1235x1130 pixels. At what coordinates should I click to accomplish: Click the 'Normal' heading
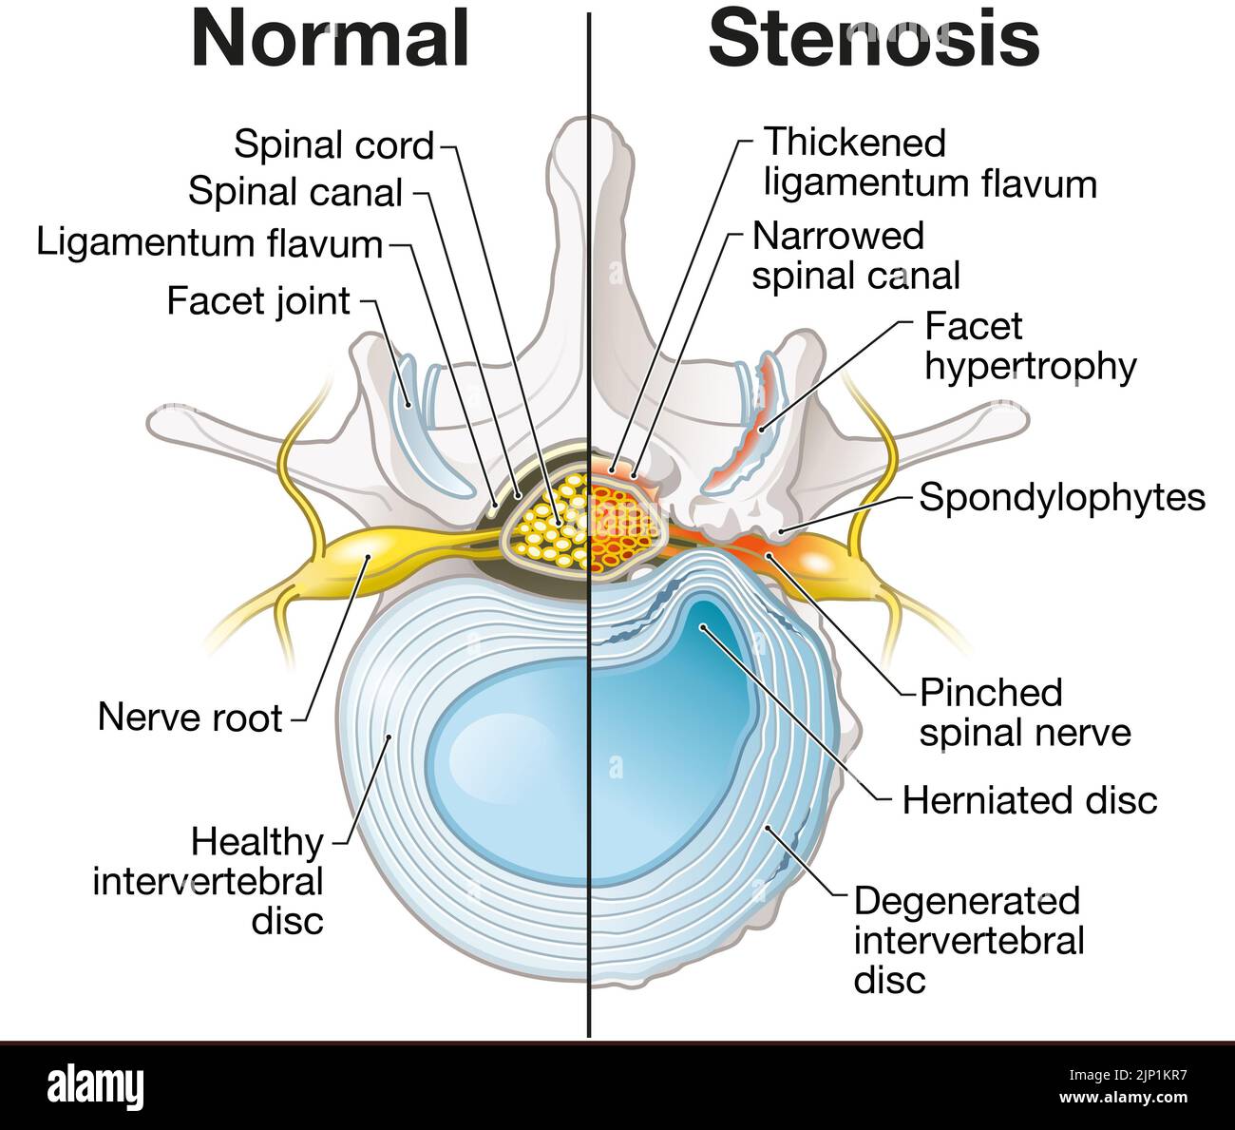tap(331, 40)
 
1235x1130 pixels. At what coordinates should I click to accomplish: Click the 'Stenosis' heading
tap(873, 40)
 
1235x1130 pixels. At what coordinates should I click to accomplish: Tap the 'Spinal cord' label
tap(333, 145)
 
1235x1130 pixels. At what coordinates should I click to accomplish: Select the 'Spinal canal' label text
tap(296, 192)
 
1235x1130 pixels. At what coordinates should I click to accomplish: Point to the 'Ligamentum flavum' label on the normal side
tap(209, 243)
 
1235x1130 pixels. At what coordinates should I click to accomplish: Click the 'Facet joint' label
tap(258, 301)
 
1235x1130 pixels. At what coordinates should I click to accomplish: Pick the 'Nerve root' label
tap(190, 718)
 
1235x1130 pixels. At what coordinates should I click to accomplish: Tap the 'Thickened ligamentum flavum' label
tap(929, 163)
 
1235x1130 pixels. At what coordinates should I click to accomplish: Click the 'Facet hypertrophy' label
tap(1030, 346)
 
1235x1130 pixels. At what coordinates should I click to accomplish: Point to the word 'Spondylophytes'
tap(1062, 497)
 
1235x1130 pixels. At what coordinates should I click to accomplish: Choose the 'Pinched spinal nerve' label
tap(1024, 713)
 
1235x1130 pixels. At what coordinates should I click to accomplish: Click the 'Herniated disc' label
tap(1030, 800)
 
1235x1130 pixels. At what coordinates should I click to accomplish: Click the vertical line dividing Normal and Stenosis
tap(590, 808)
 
